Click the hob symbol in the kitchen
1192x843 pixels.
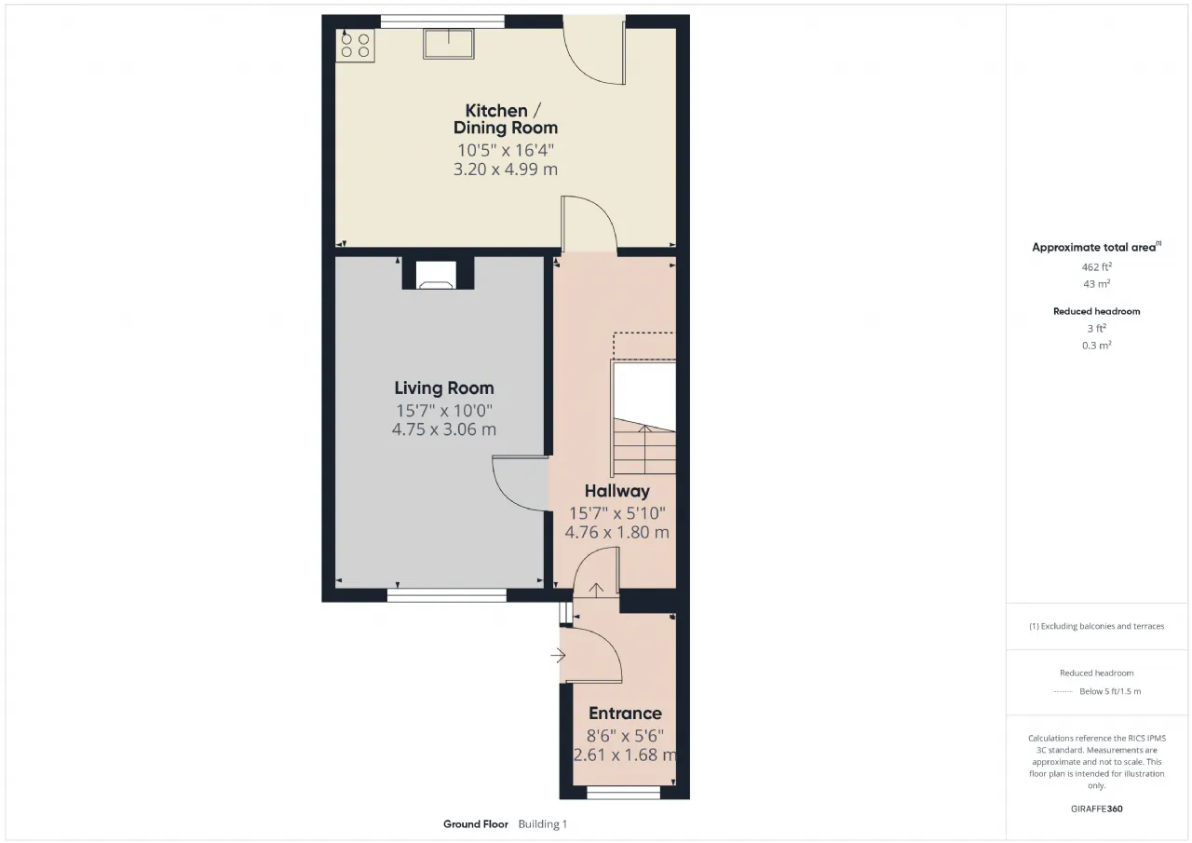(x=356, y=46)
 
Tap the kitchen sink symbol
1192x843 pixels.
(x=449, y=44)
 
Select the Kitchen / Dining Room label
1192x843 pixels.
(x=505, y=119)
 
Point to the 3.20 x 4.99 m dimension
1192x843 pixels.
(x=505, y=170)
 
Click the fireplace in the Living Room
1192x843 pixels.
(x=438, y=274)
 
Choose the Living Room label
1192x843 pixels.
(x=444, y=388)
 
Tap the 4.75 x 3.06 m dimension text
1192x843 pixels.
(x=444, y=428)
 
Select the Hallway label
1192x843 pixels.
(x=617, y=491)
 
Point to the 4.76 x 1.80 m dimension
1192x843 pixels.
(x=617, y=532)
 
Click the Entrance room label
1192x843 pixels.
(x=625, y=714)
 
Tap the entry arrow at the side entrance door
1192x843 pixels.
(x=558, y=655)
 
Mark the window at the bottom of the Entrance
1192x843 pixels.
(x=623, y=794)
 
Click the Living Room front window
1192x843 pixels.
(x=446, y=595)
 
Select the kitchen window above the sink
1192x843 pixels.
(x=442, y=21)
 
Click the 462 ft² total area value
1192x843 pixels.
(x=1096, y=266)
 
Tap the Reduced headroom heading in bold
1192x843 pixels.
(x=1097, y=311)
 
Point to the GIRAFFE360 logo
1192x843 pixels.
(x=1097, y=809)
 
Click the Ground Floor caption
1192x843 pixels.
(x=476, y=824)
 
